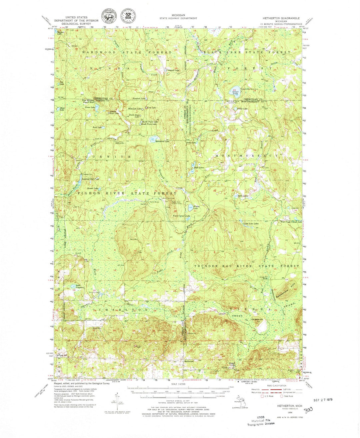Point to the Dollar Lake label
(242, 109)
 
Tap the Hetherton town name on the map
(189, 361)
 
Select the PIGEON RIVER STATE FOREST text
(127, 193)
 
